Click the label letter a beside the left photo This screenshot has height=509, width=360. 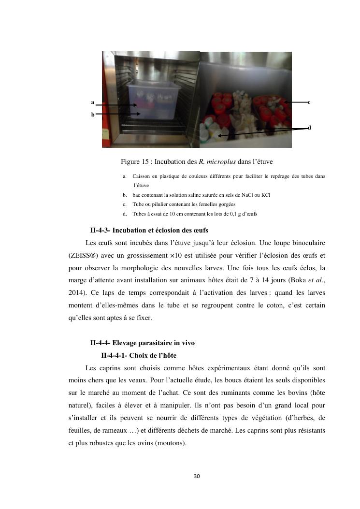point(92,102)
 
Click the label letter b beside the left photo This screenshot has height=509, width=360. point(92,115)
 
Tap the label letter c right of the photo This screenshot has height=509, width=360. point(309,102)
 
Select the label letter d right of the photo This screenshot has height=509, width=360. point(309,128)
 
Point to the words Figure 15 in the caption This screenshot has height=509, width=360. point(135,161)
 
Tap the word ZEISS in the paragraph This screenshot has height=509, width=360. point(80,255)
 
